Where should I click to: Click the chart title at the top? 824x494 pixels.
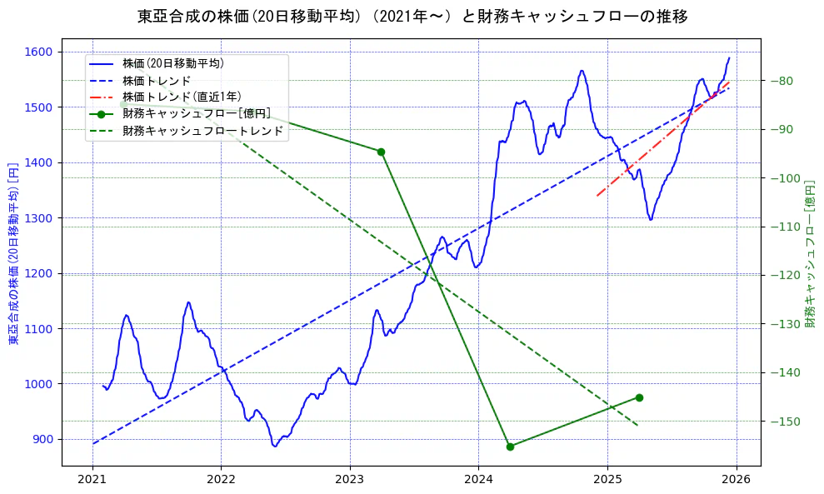point(412,17)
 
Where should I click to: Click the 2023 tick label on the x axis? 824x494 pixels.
point(349,480)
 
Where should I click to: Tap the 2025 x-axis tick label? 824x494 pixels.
point(607,480)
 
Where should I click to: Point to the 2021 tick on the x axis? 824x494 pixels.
point(92,480)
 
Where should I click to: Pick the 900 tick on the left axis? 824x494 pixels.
point(43,439)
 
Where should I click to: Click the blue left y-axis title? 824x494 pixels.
point(13,253)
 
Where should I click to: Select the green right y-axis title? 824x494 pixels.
point(810,253)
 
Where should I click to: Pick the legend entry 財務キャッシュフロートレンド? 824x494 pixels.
point(202,131)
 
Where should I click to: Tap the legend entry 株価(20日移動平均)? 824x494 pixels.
point(172,62)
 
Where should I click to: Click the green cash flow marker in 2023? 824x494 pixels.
point(381,152)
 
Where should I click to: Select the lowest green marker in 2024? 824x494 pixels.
point(510,447)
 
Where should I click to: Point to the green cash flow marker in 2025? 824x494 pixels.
point(639,397)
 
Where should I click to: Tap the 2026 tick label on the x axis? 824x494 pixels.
point(736,480)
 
